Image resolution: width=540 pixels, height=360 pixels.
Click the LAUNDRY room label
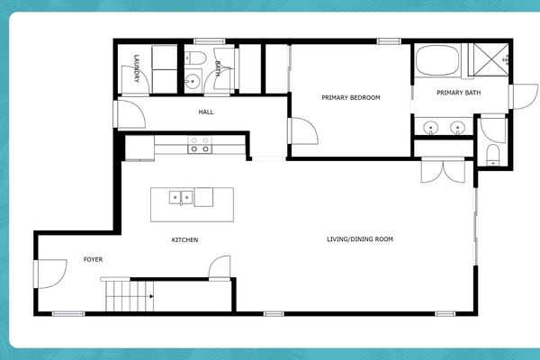tap(137, 69)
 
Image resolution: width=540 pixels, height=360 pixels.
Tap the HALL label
tap(206, 112)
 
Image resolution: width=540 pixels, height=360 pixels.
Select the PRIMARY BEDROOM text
tap(352, 97)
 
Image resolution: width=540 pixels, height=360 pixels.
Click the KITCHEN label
tap(184, 239)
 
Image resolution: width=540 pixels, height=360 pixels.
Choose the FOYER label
tap(93, 259)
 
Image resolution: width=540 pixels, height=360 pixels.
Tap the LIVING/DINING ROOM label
tap(360, 239)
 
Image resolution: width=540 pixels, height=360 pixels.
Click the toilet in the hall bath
tap(194, 60)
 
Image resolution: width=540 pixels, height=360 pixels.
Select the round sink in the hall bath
tap(190, 81)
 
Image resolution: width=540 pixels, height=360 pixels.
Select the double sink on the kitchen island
tap(182, 196)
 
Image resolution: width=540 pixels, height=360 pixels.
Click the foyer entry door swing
tap(49, 271)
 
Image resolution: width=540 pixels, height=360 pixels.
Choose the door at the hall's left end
tap(129, 113)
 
